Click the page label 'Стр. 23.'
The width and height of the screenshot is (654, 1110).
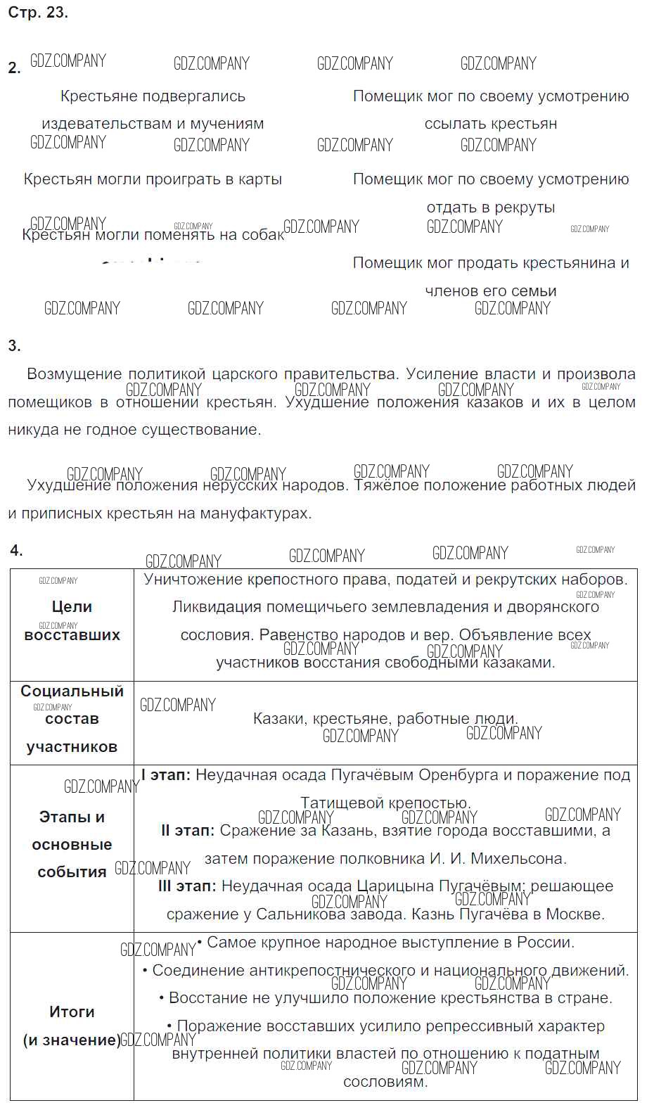[x=38, y=13]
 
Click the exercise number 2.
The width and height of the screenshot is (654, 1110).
[x=14, y=68]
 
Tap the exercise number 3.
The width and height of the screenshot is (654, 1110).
[x=14, y=345]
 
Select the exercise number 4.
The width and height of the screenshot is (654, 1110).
[x=16, y=550]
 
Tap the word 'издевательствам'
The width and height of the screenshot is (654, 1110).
[x=107, y=124]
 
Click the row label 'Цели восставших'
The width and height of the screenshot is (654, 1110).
[x=72, y=620]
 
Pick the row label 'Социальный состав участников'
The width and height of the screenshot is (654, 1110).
[x=72, y=719]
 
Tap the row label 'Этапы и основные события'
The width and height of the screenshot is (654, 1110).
[x=72, y=844]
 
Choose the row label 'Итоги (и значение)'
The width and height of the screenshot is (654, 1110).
[x=72, y=1026]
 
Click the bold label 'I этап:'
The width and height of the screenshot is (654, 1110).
[x=166, y=775]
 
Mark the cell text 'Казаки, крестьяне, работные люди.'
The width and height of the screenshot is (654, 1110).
[x=385, y=719]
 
